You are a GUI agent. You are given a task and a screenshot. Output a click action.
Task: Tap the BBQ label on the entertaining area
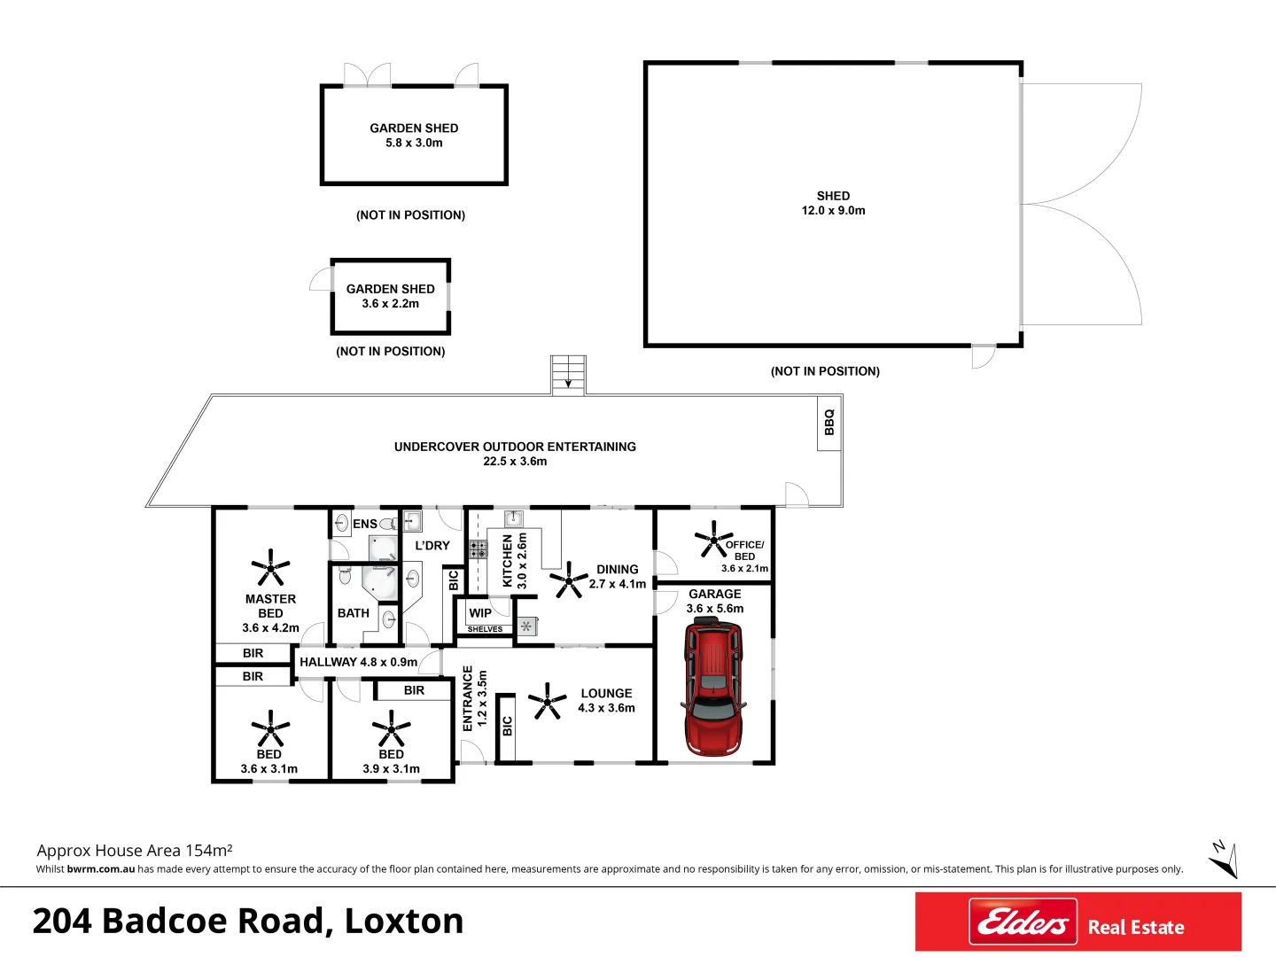tap(829, 422)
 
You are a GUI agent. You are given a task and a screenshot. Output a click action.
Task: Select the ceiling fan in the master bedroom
tap(270, 567)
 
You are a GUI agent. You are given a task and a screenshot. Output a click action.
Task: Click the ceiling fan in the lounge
tap(548, 701)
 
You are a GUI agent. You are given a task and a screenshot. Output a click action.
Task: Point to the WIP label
tap(480, 613)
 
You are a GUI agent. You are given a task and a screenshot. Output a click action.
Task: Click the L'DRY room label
tap(432, 546)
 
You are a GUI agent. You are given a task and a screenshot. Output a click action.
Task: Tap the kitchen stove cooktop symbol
tap(478, 549)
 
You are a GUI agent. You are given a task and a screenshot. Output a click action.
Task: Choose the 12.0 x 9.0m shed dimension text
tap(833, 211)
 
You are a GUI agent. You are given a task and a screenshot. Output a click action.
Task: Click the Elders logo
tap(1023, 922)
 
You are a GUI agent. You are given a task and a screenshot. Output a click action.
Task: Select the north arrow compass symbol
tap(1223, 859)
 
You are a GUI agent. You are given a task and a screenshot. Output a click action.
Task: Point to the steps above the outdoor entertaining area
tap(568, 374)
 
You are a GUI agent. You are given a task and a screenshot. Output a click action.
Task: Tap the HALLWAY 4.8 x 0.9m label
tap(358, 662)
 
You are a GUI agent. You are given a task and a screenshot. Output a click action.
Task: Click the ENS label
tap(364, 524)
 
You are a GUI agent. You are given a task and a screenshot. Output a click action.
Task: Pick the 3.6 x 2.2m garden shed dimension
tap(390, 304)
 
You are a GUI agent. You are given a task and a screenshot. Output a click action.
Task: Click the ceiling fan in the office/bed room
tap(712, 538)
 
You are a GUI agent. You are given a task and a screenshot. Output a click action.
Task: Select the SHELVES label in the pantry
tap(485, 629)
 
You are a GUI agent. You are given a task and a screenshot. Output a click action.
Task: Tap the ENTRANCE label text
tap(468, 698)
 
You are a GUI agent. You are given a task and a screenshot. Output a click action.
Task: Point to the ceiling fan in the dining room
tap(568, 580)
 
